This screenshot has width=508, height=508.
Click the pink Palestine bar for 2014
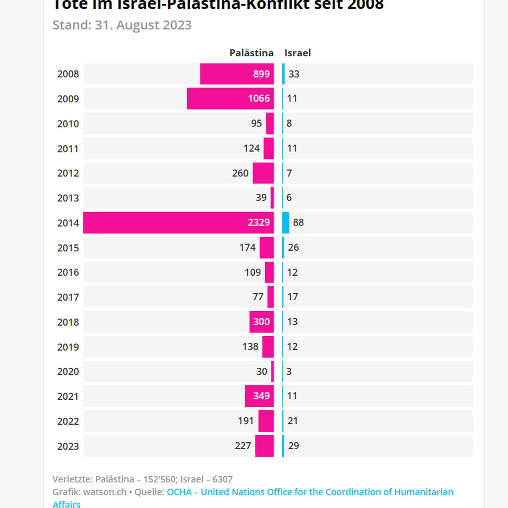[x=178, y=223]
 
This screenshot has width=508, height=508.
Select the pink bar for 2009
[x=230, y=99]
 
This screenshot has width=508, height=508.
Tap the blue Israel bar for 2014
[x=286, y=223]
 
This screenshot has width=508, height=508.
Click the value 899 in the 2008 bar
[x=261, y=74]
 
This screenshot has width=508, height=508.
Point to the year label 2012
[x=68, y=173]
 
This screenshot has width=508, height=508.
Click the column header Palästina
[x=251, y=53]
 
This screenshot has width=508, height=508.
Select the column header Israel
[x=298, y=53]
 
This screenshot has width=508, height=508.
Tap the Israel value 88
[x=298, y=223]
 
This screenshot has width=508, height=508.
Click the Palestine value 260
[x=240, y=173]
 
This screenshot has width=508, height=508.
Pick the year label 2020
[x=68, y=372]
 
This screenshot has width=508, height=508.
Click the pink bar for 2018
[x=261, y=322]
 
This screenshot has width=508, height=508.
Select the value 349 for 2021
[x=261, y=396]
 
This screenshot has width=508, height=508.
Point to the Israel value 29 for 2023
[x=293, y=446]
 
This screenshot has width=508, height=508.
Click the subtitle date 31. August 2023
[x=143, y=25]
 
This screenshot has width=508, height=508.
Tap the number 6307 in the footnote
[x=222, y=479]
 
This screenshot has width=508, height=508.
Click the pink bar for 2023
[x=264, y=446]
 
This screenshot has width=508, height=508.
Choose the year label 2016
[x=68, y=272]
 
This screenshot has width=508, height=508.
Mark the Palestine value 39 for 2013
[x=261, y=198]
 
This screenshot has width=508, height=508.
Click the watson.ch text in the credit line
[x=105, y=492]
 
